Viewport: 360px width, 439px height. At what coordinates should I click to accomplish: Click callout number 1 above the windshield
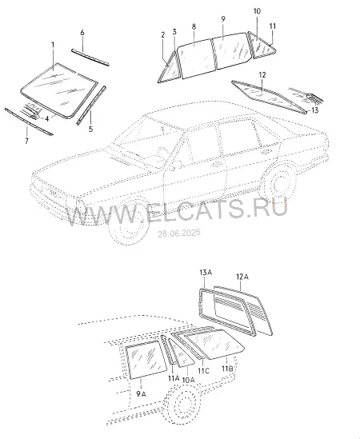53,45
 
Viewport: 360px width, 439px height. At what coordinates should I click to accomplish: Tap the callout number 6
82,33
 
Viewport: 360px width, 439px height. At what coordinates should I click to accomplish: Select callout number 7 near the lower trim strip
26,141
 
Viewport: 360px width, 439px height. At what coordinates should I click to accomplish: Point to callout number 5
90,130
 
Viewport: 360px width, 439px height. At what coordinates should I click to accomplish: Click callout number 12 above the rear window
262,75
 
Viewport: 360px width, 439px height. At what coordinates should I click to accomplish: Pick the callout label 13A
206,272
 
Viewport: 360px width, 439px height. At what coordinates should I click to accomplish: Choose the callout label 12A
242,277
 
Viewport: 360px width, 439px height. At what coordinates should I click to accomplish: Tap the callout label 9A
142,394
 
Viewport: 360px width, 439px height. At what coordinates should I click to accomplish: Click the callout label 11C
204,371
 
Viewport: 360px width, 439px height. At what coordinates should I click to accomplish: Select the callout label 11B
227,369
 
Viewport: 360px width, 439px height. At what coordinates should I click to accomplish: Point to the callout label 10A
188,379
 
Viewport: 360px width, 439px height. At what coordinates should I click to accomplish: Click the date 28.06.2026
179,233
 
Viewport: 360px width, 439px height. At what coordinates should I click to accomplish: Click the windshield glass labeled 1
59,90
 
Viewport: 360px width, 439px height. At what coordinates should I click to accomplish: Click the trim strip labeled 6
90,58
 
